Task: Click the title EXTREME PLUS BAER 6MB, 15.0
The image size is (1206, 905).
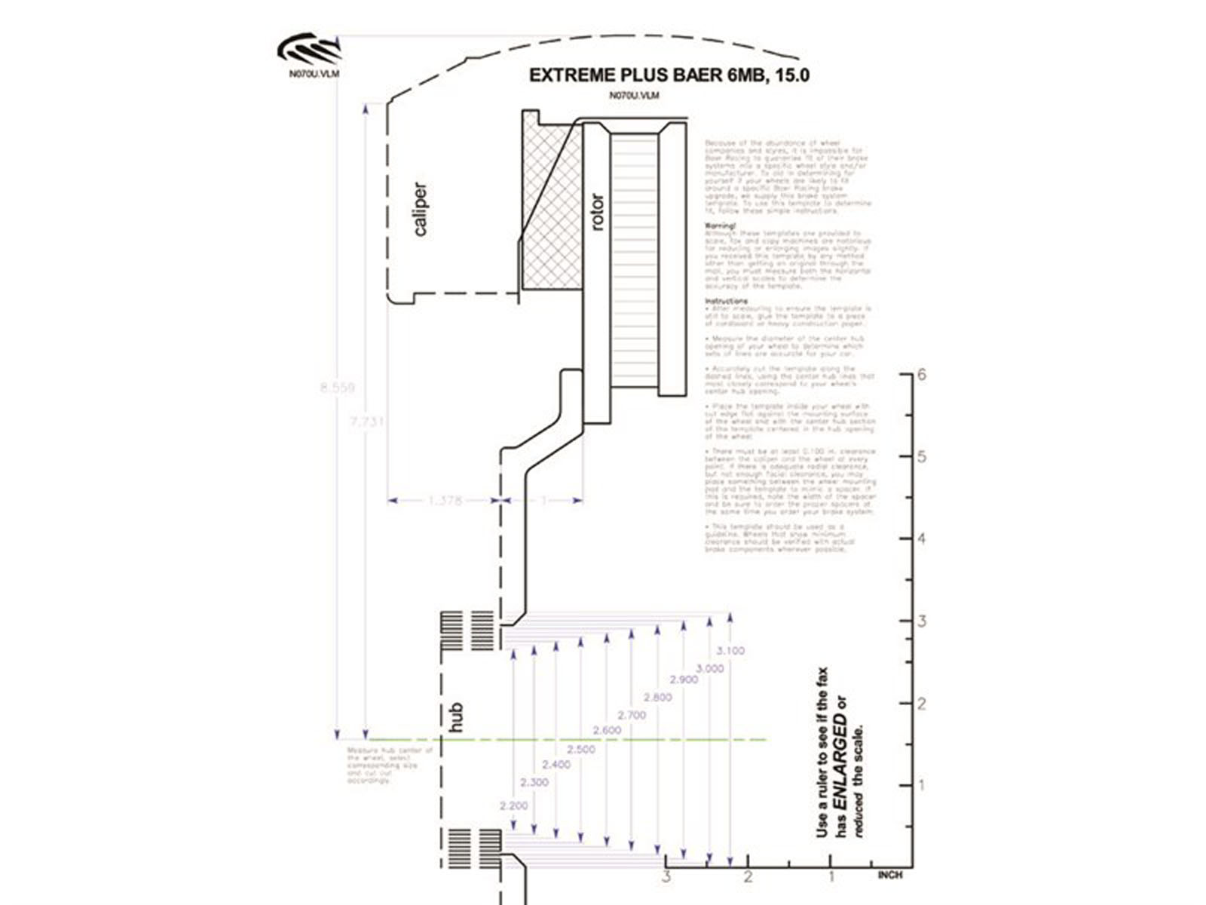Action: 669,75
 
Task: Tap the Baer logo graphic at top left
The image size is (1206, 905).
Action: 309,49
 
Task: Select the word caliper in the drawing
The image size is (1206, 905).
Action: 421,209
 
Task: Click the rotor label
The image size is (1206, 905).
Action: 598,212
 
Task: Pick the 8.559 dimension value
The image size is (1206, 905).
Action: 337,388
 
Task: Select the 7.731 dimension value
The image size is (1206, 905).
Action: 367,421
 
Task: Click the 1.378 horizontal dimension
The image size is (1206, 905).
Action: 445,500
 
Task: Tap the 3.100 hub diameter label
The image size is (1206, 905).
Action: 730,651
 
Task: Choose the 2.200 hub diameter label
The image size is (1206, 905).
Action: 513,805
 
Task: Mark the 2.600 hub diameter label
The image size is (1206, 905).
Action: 607,730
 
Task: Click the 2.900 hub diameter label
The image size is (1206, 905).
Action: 684,680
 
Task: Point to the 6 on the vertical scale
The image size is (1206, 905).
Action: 922,375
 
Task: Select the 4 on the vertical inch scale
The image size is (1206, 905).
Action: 922,538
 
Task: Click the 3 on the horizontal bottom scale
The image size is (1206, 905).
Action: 666,876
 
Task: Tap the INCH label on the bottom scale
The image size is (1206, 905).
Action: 889,875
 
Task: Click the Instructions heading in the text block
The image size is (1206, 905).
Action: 726,301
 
